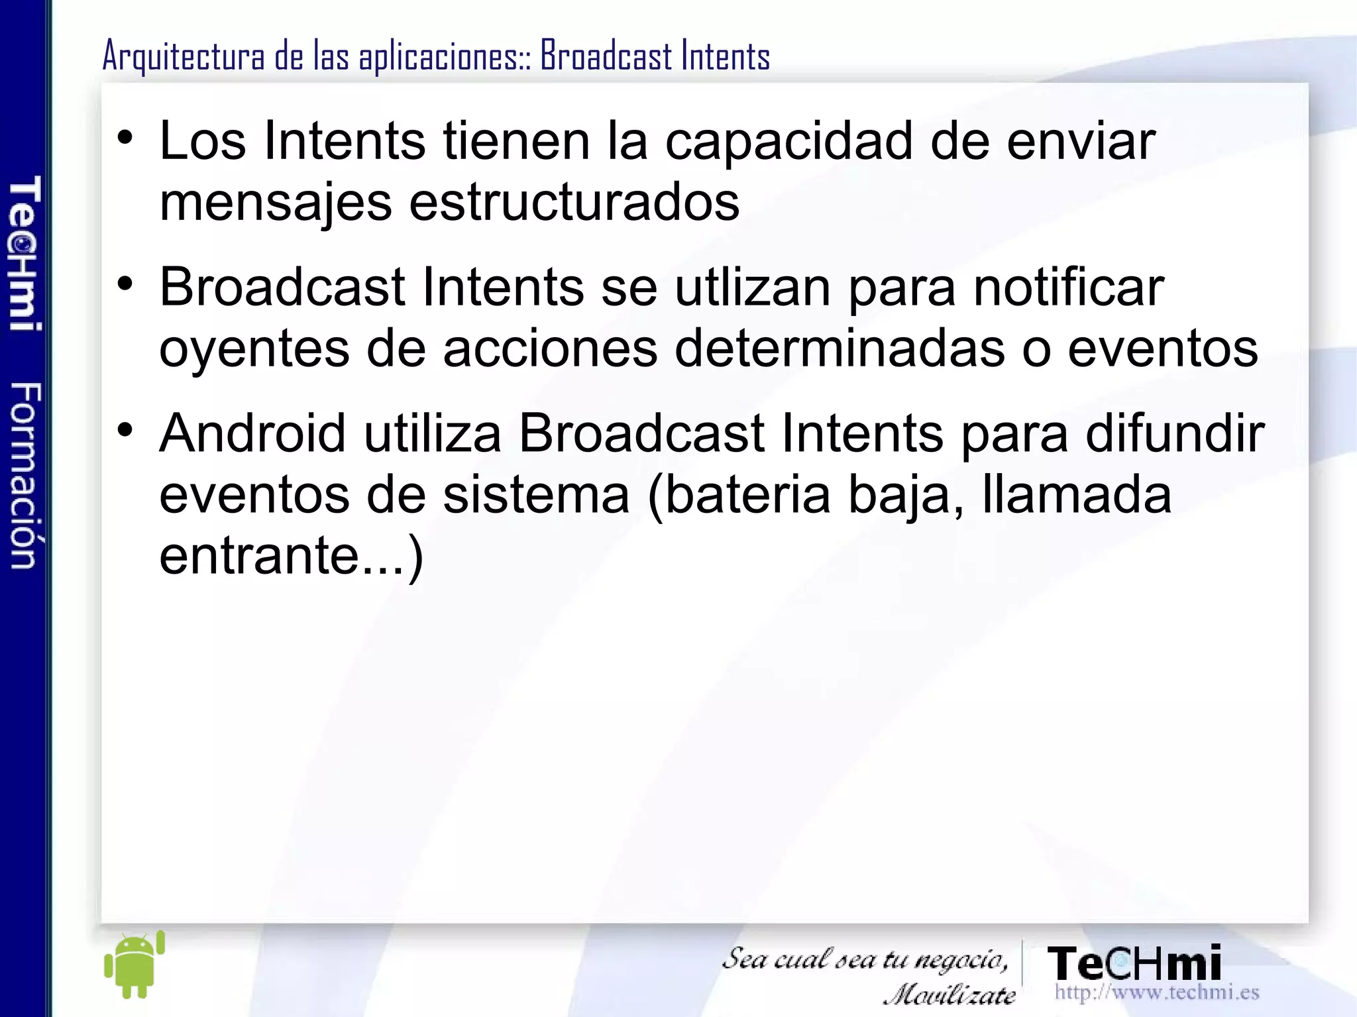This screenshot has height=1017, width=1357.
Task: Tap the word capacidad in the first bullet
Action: pyautogui.click(x=789, y=141)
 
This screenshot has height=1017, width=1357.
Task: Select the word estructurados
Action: pyautogui.click(x=574, y=203)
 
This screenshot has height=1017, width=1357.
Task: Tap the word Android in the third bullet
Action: pyautogui.click(x=252, y=433)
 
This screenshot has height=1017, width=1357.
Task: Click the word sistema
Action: pyautogui.click(x=536, y=495)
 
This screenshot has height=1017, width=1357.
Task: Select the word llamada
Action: pyautogui.click(x=1076, y=495)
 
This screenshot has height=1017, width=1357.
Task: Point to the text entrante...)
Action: pyautogui.click(x=291, y=556)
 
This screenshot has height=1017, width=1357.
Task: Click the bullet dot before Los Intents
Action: pyautogui.click(x=125, y=138)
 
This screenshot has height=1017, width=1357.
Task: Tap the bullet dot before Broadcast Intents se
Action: pyautogui.click(x=125, y=284)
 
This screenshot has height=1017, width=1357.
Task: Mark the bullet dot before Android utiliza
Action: pyautogui.click(x=125, y=430)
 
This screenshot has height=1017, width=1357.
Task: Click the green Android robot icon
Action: pyautogui.click(x=135, y=965)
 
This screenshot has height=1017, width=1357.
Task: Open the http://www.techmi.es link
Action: pyautogui.click(x=1156, y=992)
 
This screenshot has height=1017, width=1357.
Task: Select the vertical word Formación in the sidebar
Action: pyautogui.click(x=26, y=476)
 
